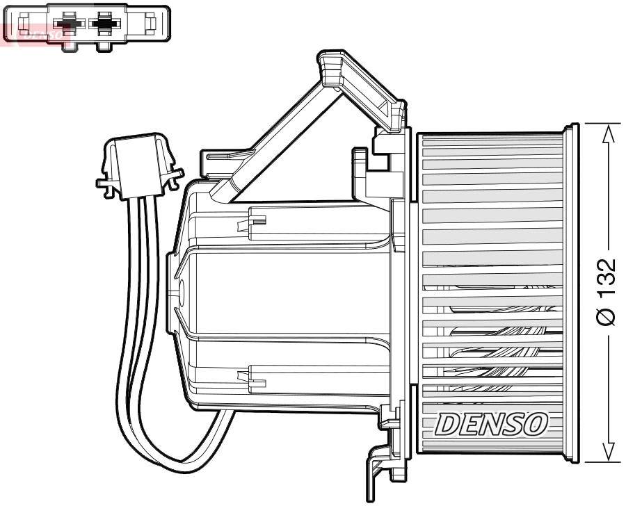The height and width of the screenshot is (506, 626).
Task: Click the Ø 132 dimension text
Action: click(606, 292)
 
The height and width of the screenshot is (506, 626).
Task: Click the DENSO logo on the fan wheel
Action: click(492, 421)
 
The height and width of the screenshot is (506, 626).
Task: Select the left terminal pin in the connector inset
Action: click(67, 25)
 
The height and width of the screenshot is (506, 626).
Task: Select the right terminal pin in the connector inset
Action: click(104, 25)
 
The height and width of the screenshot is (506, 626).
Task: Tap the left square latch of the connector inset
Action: click(22, 25)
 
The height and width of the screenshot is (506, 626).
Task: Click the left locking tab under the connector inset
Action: click(67, 46)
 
